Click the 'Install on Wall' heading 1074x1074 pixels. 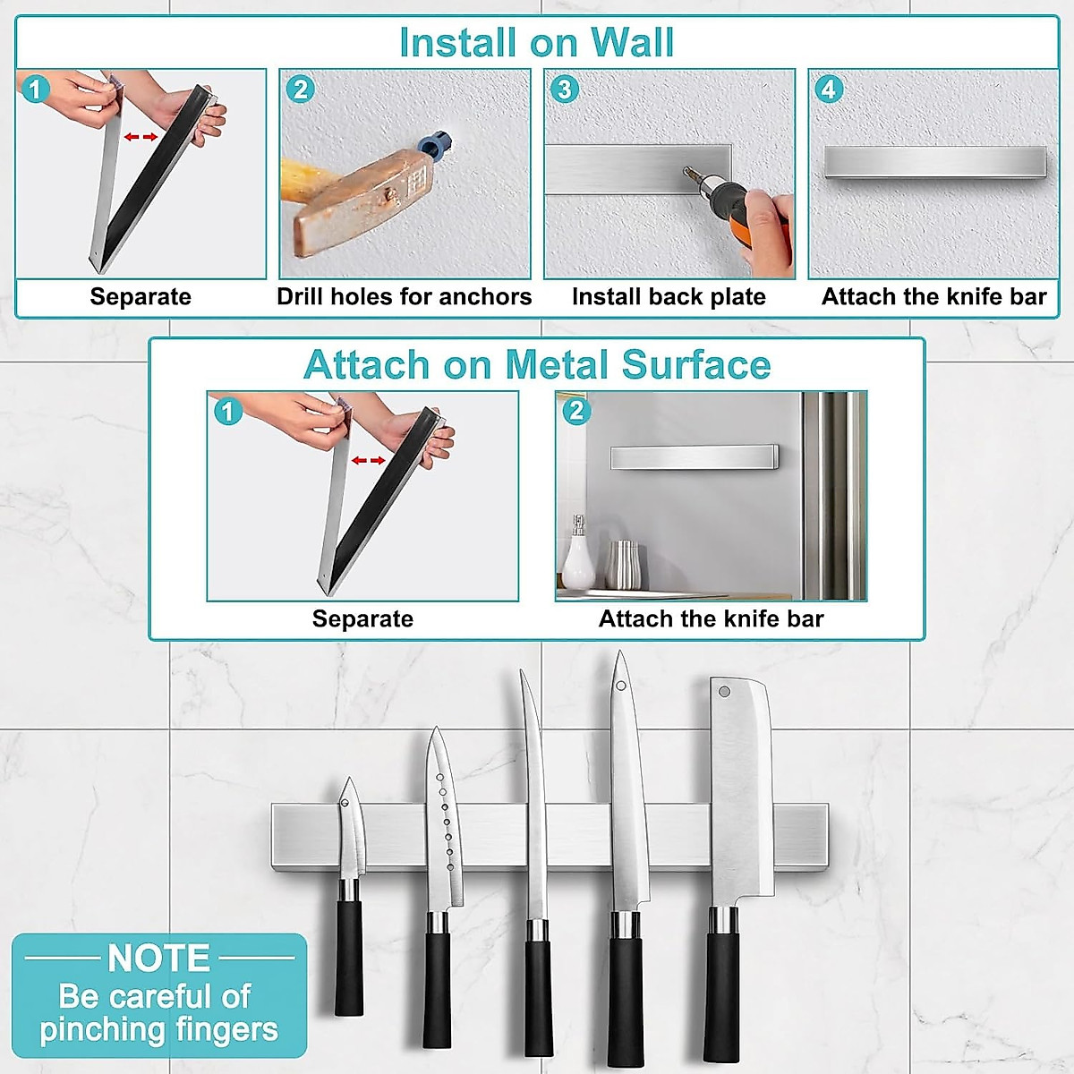[x=536, y=42]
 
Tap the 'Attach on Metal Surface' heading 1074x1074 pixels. [x=537, y=364]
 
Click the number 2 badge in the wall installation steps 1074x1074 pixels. [x=300, y=89]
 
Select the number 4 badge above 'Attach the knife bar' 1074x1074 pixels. [x=829, y=89]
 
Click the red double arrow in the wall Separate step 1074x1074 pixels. [x=141, y=137]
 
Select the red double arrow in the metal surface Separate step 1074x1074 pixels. [x=368, y=460]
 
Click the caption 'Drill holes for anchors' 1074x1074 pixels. [x=404, y=296]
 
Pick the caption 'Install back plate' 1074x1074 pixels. [x=669, y=296]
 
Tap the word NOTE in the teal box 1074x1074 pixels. [x=158, y=959]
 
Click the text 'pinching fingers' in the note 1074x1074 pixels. [x=158, y=1029]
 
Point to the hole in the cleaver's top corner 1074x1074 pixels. [x=724, y=691]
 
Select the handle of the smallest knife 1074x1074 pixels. [x=349, y=958]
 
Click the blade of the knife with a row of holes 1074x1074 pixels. [x=445, y=823]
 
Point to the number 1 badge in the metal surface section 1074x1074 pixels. [x=227, y=411]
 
